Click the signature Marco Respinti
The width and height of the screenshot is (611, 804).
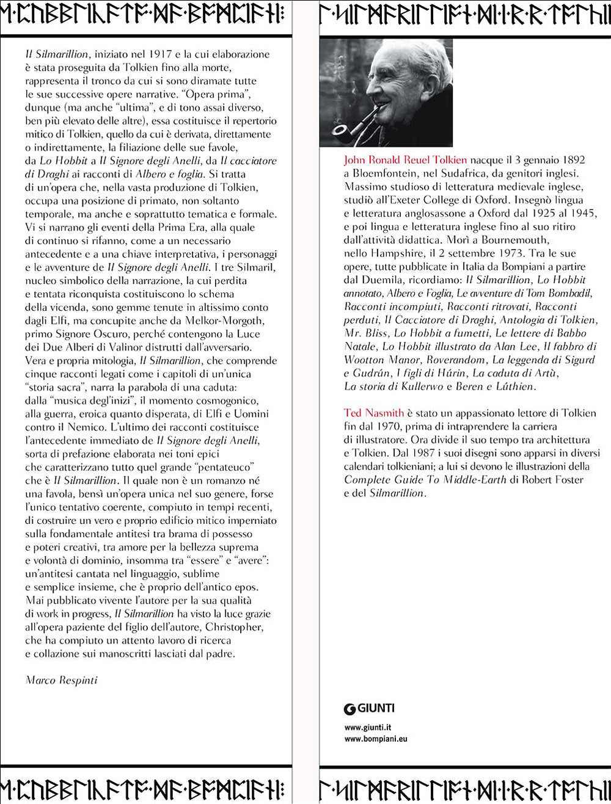point(61,680)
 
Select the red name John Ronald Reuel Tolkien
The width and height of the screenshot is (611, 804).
point(405,160)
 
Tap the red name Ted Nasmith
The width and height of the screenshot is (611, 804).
point(373,413)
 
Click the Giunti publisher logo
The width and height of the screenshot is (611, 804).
point(369,708)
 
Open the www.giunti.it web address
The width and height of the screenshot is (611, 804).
point(368,727)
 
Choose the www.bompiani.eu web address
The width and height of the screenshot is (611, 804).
point(376,739)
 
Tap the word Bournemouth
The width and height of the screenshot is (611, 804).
point(515,240)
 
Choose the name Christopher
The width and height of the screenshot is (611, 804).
point(234,627)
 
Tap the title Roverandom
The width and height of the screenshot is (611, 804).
point(456,360)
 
